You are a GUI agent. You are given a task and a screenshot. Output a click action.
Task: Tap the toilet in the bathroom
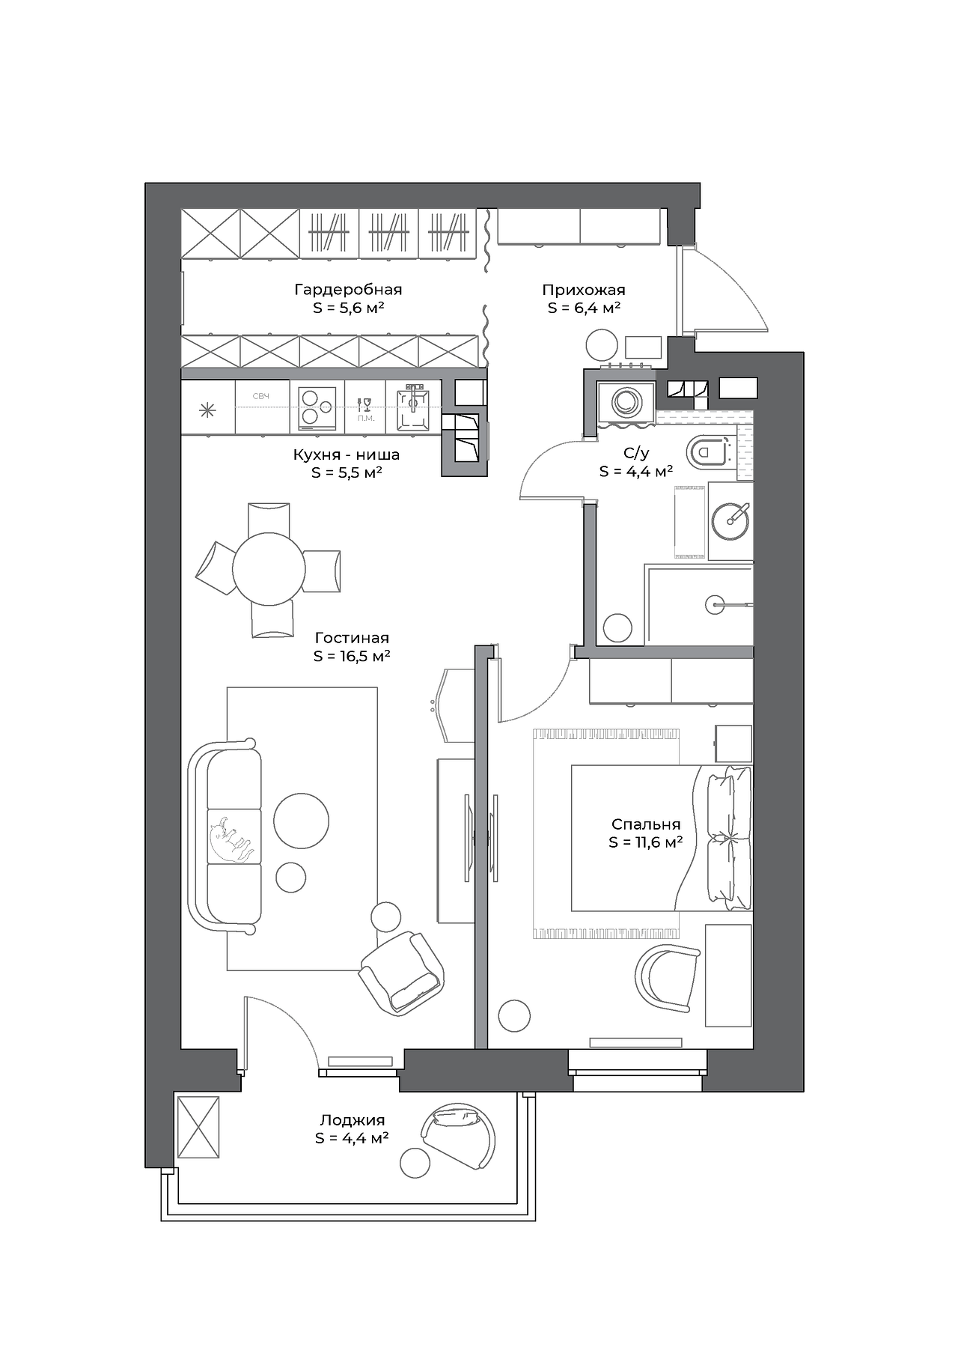tap(707, 451)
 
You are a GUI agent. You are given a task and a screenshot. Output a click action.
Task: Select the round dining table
tap(269, 568)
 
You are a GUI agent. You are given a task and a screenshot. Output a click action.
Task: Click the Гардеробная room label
tap(348, 290)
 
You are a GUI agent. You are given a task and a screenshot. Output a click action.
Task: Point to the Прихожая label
tap(584, 290)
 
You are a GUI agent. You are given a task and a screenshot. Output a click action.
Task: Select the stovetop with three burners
tap(316, 408)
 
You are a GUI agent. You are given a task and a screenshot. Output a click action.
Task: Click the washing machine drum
tap(626, 403)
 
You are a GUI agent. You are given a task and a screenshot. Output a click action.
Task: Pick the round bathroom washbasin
tap(728, 520)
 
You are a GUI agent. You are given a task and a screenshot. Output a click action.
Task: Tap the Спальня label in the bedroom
tap(646, 824)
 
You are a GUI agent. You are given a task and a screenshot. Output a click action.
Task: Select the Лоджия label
tap(352, 1120)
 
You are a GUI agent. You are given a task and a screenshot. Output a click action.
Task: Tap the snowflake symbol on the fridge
tap(207, 410)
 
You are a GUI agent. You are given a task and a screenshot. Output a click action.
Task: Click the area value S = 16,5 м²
tap(352, 657)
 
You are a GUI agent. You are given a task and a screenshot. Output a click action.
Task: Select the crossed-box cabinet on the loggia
tap(198, 1128)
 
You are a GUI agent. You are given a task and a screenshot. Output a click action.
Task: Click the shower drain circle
tap(716, 603)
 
